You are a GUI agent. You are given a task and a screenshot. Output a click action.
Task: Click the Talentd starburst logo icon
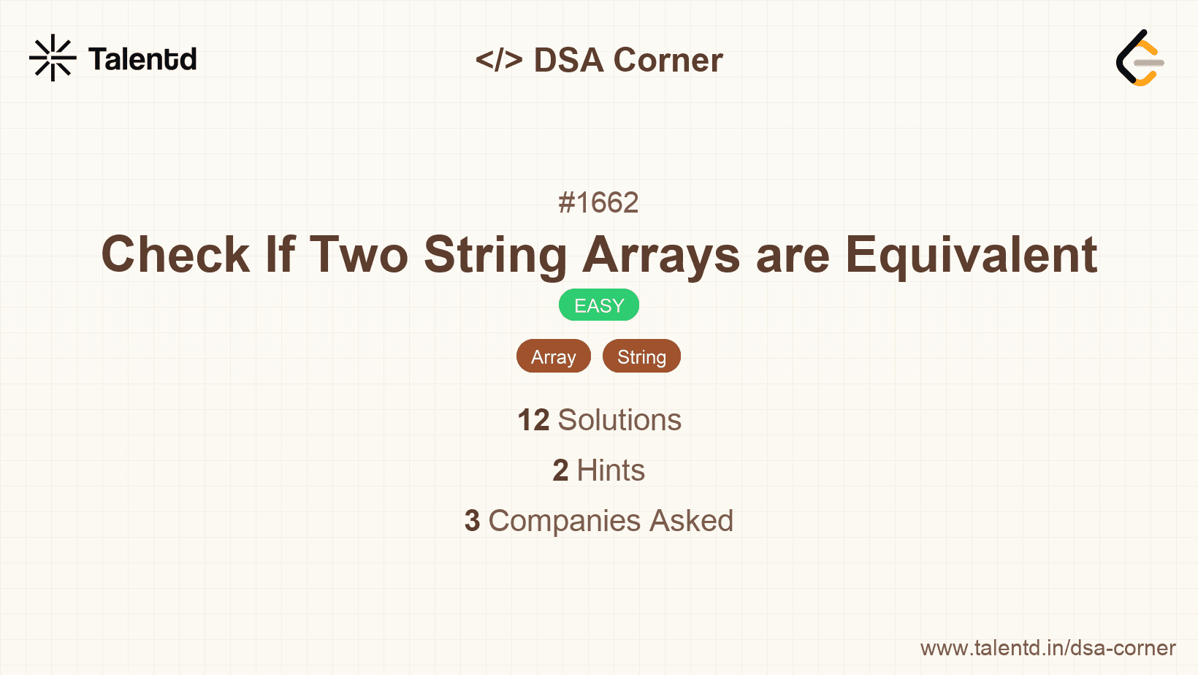(x=53, y=58)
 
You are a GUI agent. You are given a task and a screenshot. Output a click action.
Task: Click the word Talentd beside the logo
(x=142, y=59)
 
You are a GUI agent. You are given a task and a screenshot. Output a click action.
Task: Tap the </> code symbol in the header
(x=499, y=60)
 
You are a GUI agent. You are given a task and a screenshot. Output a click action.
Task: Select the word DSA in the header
(x=569, y=60)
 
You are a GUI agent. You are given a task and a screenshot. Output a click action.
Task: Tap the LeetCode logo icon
(x=1140, y=58)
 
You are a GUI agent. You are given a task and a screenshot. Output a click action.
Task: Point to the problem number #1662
(x=598, y=202)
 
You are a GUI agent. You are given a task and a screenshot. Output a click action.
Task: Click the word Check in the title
(x=175, y=255)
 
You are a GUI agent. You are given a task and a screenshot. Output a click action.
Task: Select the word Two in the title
(x=359, y=255)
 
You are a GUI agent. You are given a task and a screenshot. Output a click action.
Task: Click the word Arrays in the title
(x=661, y=255)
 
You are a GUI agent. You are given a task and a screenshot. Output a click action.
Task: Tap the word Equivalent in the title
(x=971, y=255)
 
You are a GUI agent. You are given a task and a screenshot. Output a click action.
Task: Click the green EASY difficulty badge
(x=599, y=305)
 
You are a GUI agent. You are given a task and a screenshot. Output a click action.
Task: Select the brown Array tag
(x=553, y=356)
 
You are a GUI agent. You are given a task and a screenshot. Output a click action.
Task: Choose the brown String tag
(x=641, y=356)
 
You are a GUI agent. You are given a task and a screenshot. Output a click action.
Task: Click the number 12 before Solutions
(x=533, y=420)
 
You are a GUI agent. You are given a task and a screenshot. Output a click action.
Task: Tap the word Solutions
(x=619, y=420)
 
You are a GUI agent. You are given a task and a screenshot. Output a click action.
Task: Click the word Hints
(x=611, y=470)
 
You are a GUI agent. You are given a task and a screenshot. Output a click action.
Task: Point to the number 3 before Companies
(x=472, y=521)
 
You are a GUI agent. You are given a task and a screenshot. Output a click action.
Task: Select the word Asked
(x=691, y=521)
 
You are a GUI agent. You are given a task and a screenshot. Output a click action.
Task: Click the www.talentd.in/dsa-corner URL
(x=1048, y=648)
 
